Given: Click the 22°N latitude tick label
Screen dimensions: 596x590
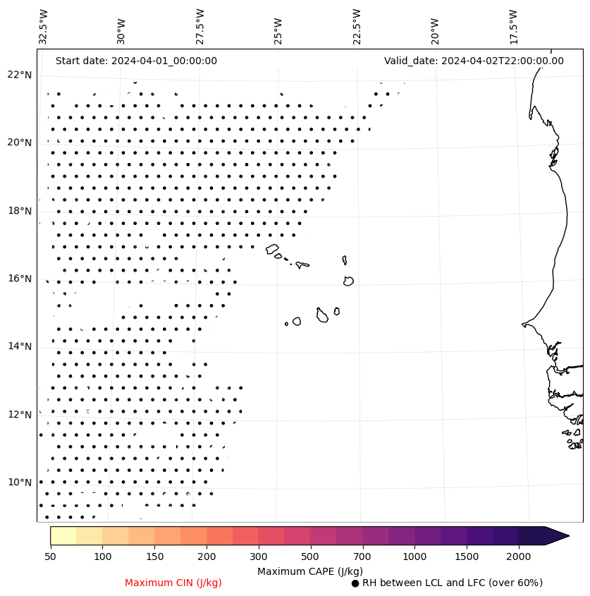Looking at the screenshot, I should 19,75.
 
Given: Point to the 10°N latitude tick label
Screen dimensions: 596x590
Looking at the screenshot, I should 19,482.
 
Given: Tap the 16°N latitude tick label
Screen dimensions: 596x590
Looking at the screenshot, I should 19,279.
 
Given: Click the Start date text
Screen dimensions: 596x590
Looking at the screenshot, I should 136,61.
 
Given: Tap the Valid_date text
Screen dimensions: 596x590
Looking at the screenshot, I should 474,61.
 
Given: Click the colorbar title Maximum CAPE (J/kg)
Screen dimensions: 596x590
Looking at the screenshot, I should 310,571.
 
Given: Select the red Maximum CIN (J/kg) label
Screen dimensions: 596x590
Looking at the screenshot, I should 173,583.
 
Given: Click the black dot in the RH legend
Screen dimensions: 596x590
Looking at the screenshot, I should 355,583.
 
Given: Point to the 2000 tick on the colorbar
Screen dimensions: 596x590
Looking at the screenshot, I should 518,557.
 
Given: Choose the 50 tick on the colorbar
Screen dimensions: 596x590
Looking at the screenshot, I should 50,557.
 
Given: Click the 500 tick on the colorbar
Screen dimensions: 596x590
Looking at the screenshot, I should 310,557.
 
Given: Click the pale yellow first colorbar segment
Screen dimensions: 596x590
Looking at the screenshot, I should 63,535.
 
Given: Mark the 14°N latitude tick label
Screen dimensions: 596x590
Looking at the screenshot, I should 19,346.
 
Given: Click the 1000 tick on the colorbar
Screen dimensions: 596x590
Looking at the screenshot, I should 414,557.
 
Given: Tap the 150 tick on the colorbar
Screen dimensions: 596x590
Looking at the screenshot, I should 154,557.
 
